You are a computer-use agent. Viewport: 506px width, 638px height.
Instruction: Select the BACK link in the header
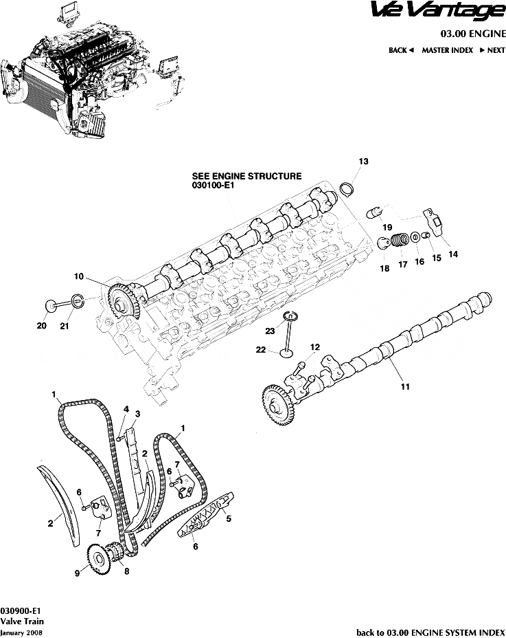(401, 50)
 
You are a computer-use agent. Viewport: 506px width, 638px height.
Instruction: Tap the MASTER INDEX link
(447, 50)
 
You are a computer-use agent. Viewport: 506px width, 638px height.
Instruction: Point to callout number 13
(363, 161)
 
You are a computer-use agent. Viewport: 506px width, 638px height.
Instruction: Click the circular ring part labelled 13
(348, 189)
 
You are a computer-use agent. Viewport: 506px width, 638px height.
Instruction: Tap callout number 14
(452, 254)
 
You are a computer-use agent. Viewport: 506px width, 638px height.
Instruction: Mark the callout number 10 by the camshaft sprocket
(79, 276)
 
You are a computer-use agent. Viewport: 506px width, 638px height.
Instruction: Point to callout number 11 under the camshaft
(405, 386)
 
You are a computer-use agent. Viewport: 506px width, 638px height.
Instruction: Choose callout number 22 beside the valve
(261, 350)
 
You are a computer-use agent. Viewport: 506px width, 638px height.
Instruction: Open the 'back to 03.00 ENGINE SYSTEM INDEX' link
(430, 631)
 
